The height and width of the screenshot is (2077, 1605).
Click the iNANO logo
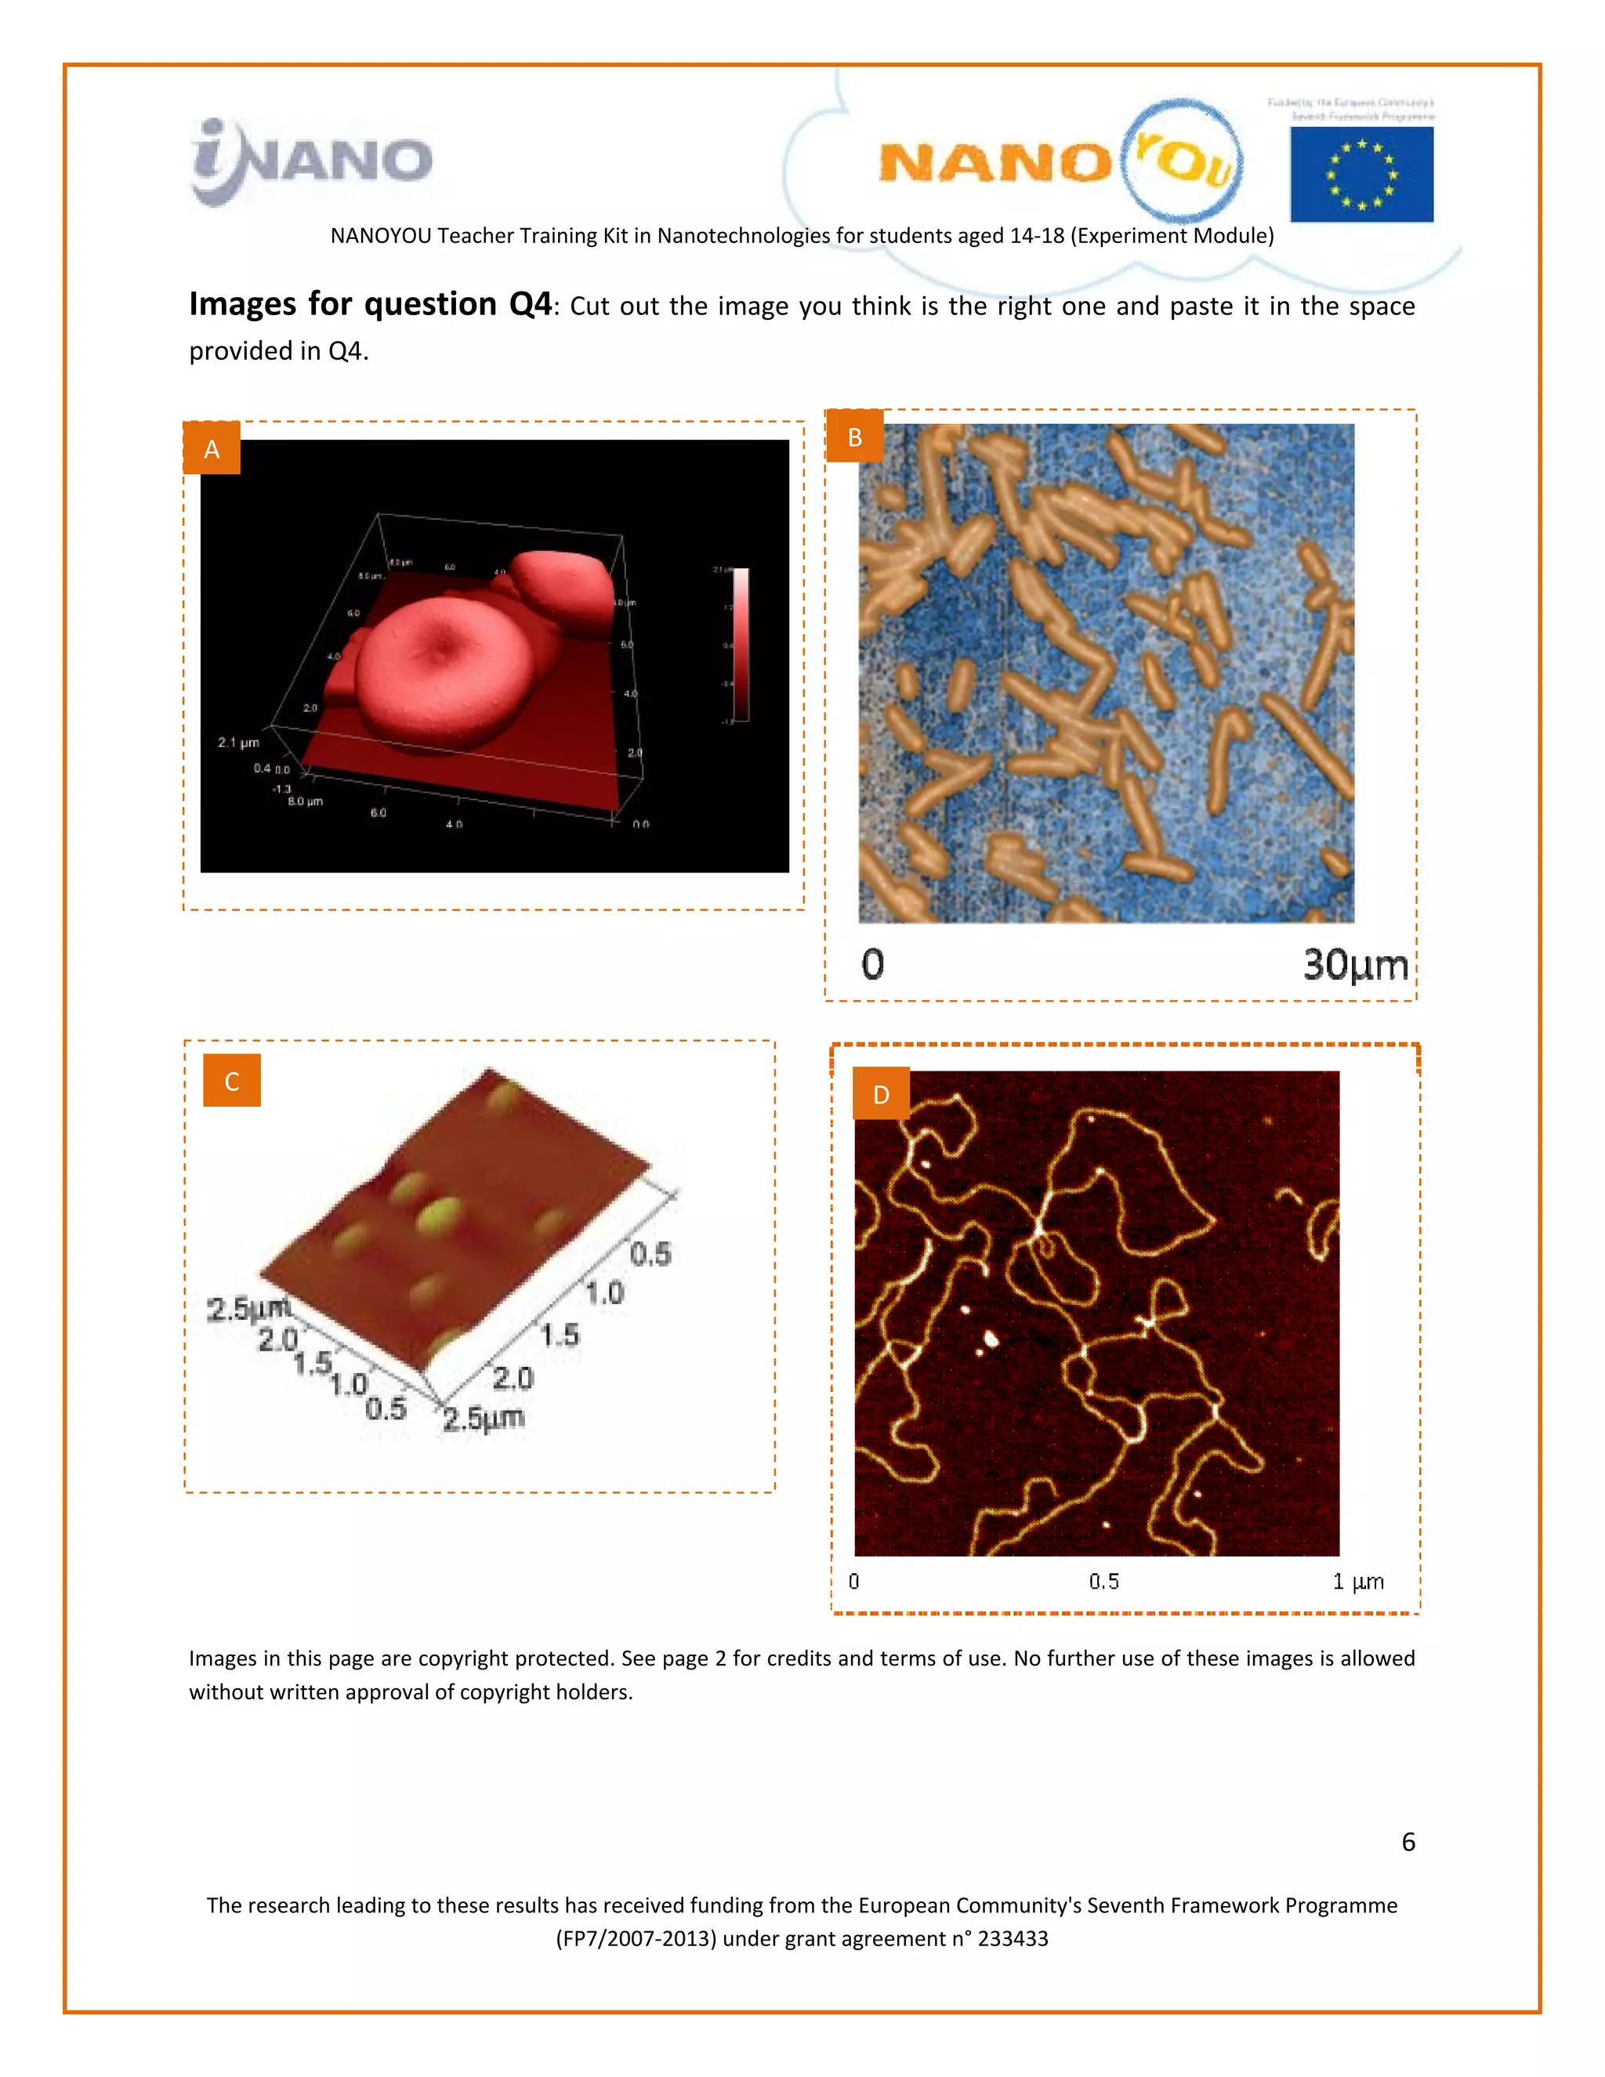[311, 161]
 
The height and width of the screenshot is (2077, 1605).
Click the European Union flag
[1360, 174]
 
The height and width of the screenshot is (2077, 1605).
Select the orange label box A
[211, 449]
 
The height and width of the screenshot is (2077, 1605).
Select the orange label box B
[854, 437]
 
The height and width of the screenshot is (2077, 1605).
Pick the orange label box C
[231, 1080]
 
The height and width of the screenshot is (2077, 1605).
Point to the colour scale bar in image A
[740, 643]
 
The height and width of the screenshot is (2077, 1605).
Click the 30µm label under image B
[1354, 964]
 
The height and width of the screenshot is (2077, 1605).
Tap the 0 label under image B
[872, 964]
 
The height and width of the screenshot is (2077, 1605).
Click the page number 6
[1408, 1842]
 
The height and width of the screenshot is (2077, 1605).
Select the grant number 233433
[1013, 1938]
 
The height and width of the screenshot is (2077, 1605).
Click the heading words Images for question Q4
[370, 304]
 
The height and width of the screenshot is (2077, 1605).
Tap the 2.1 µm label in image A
[237, 741]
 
